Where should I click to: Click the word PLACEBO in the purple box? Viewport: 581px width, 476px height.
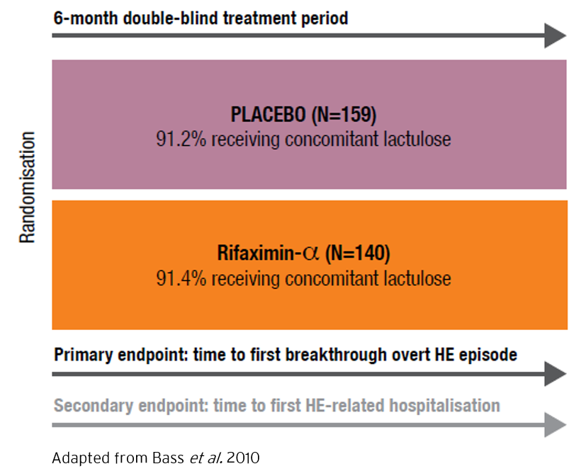(269, 114)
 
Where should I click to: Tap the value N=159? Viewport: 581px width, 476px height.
(344, 115)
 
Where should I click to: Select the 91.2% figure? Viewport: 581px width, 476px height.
(181, 140)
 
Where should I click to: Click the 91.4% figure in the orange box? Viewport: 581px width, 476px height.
(181, 278)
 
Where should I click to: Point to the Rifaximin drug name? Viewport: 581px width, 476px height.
(269, 253)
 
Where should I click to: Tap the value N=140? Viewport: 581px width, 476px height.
(358, 254)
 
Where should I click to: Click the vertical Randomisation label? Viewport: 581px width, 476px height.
(27, 187)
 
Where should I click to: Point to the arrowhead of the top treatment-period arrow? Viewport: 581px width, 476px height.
(555, 35)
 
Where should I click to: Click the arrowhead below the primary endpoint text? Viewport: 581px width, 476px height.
(555, 374)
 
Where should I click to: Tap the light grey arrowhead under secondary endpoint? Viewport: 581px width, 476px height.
(555, 424)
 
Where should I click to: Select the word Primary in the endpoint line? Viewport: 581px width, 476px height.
(84, 355)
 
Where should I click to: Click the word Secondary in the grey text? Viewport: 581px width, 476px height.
(94, 405)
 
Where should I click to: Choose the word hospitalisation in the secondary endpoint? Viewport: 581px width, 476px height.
(445, 405)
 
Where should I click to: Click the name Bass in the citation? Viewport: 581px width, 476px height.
(168, 458)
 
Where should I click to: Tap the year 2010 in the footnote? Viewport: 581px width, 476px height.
(243, 458)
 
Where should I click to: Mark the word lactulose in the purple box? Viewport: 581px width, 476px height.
(417, 140)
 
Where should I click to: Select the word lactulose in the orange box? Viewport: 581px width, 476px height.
(417, 278)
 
